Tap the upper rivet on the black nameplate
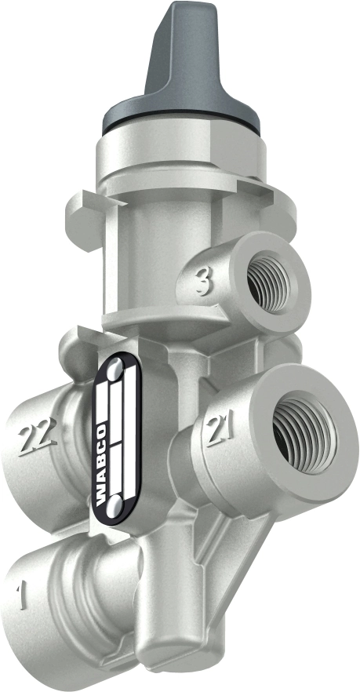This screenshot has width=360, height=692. (x=115, y=367)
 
